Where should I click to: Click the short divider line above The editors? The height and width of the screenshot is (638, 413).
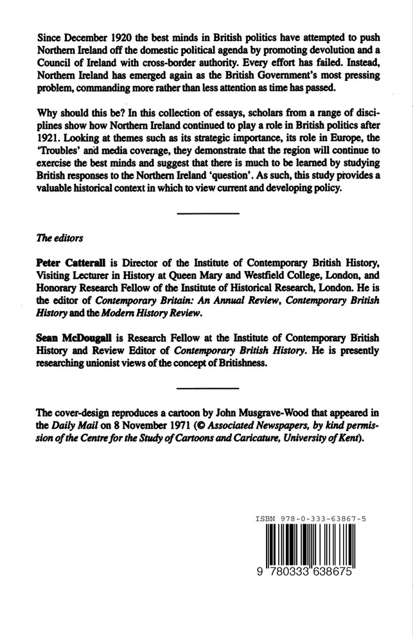point(207,213)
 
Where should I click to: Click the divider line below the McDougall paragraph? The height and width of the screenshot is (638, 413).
point(207,388)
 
